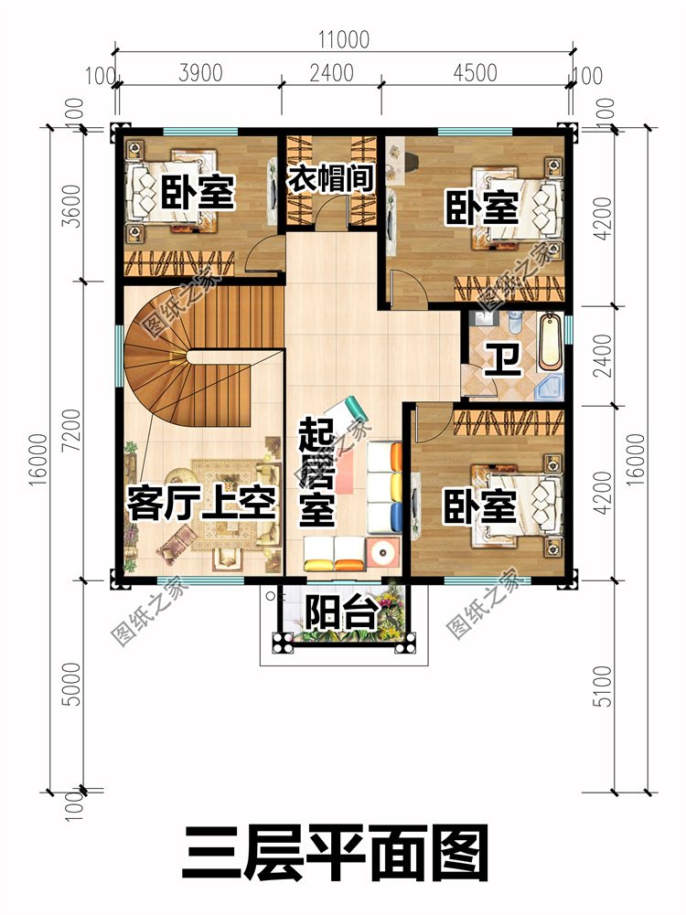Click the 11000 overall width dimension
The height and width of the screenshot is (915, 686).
click(343, 39)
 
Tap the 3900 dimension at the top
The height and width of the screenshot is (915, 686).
click(200, 73)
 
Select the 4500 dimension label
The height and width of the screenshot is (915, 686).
click(475, 73)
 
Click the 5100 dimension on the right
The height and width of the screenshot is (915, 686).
click(602, 686)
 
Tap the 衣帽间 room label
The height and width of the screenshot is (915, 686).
click(330, 177)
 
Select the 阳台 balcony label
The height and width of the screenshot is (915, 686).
click(341, 612)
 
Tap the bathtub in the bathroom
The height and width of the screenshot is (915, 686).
click(551, 343)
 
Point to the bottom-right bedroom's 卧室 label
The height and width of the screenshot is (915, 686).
click(480, 507)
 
